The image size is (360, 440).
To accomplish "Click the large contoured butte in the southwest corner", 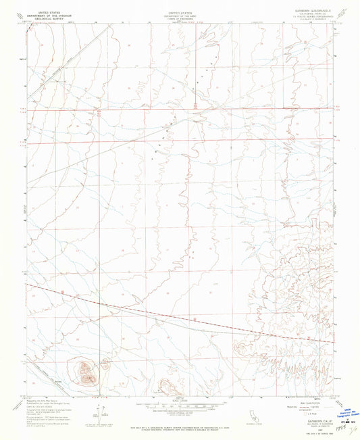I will click(x=84, y=370).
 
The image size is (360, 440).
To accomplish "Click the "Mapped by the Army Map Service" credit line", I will click(x=47, y=401).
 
